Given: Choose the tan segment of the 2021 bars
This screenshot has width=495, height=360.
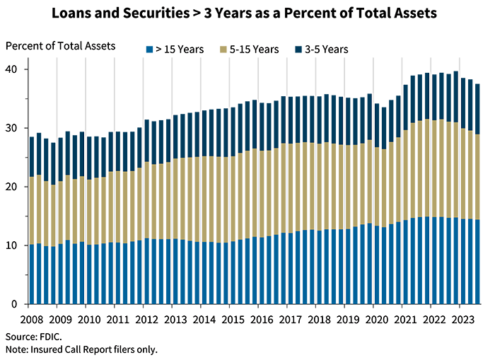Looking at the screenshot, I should coord(417,170).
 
